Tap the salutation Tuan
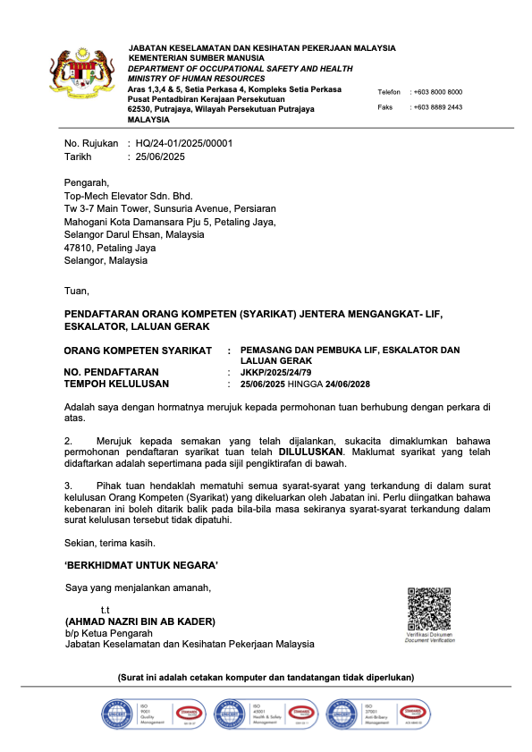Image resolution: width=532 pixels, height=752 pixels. pyautogui.click(x=77, y=291)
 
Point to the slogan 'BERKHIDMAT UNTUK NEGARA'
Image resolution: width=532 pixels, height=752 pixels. pyautogui.click(x=141, y=565)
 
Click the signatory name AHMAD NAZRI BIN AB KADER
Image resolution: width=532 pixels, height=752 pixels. pyautogui.click(x=140, y=621)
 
